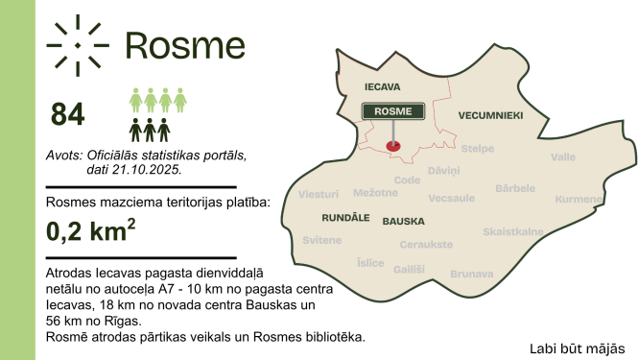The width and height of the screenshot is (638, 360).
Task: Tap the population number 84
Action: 68,114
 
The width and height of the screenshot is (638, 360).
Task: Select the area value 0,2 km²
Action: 91,231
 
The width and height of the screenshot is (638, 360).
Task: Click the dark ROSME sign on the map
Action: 392,111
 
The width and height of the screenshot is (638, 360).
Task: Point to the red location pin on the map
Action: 391,146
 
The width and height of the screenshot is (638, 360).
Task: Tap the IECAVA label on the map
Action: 382,86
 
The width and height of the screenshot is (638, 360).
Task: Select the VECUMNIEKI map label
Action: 490,115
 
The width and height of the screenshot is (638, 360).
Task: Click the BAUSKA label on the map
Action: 403,221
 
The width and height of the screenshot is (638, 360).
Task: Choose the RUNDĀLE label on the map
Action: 338,218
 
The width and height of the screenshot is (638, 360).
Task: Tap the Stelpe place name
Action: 478,149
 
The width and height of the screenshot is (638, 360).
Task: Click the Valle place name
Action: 563,156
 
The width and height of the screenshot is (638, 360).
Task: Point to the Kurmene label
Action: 578,199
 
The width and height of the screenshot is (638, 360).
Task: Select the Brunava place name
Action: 471,274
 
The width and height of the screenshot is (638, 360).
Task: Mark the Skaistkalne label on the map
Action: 513,231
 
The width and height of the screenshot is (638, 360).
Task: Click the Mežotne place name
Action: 375,193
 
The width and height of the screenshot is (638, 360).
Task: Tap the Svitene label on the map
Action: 321,240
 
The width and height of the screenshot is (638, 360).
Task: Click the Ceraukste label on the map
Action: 426,245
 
